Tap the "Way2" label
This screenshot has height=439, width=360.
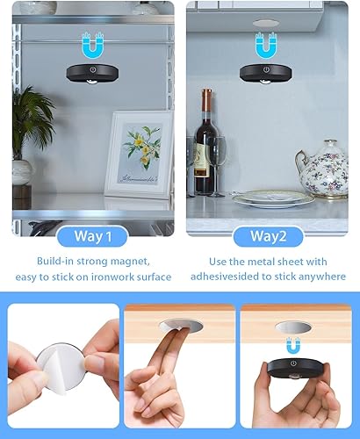tap(268, 235)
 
